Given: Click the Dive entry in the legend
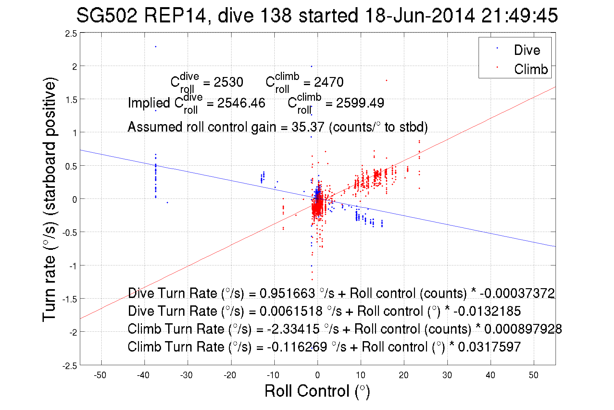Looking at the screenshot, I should pyautogui.click(x=527, y=50).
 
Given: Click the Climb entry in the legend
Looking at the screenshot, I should pyautogui.click(x=531, y=69).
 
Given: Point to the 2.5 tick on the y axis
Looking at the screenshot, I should pyautogui.click(x=71, y=33).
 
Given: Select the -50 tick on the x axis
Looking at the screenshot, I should pyautogui.click(x=100, y=375).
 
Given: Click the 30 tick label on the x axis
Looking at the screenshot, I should pyautogui.click(x=447, y=375).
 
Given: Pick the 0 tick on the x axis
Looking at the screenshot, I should pyautogui.click(x=317, y=375).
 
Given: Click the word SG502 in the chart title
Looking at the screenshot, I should pyautogui.click(x=107, y=15).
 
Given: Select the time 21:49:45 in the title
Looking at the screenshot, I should pyautogui.click(x=519, y=15).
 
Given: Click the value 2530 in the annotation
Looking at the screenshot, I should pyautogui.click(x=228, y=82).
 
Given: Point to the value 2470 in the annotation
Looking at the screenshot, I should pyautogui.click(x=329, y=82).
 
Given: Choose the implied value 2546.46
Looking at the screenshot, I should pyautogui.click(x=241, y=103).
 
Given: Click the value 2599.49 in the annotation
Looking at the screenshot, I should pyautogui.click(x=360, y=103).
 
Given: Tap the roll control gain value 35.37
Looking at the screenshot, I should pyautogui.click(x=307, y=127).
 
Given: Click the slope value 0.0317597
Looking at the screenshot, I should pyautogui.click(x=489, y=347).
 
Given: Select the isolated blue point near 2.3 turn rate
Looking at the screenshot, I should pyautogui.click(x=156, y=46).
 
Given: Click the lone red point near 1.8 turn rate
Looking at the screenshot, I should pyautogui.click(x=386, y=80).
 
